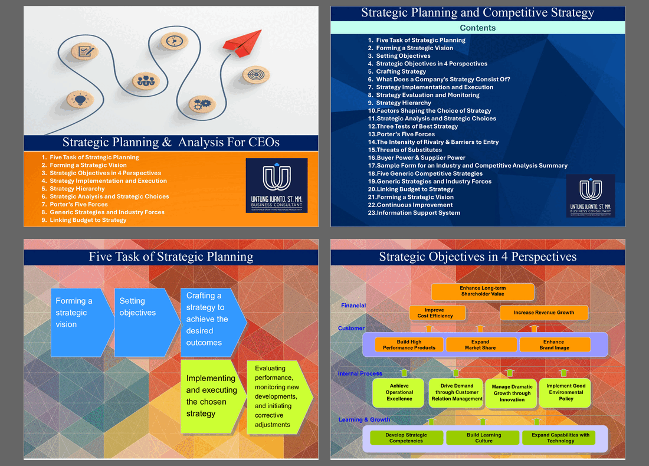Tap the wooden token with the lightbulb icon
pos(80,100)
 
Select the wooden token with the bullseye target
pos(256,76)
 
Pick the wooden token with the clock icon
pos(173,41)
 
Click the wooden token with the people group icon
pos(145,81)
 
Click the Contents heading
pos(477,28)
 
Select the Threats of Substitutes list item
pos(409,150)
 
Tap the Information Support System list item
pos(418,213)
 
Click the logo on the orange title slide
pos(276,185)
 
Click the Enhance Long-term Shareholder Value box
pos(483,291)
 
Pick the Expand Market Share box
pos(480,345)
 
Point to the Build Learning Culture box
pos(483,438)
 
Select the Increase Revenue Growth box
pos(543,313)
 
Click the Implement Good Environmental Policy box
pos(565,392)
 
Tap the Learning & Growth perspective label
pos(364,420)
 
